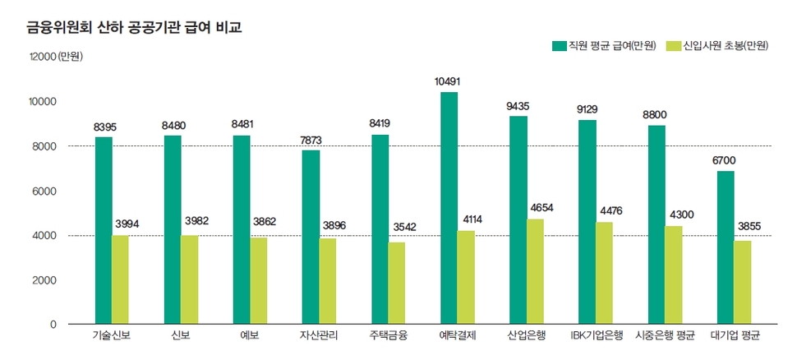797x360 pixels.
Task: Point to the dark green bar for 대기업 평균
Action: click(725, 247)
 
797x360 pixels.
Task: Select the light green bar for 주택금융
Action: click(397, 283)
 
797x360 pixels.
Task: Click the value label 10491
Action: click(449, 81)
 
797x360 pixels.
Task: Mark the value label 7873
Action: click(311, 140)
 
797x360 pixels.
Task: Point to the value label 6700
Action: click(726, 160)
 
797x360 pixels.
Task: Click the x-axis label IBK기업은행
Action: click(597, 336)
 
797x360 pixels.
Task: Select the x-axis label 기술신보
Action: click(113, 336)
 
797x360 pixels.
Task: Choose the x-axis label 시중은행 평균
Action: click(666, 336)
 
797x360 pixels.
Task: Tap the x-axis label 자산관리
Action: click(319, 336)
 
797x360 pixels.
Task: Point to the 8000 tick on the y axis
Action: click(42, 146)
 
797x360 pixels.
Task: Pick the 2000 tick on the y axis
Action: click(42, 280)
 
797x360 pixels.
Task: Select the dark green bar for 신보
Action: click(173, 229)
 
